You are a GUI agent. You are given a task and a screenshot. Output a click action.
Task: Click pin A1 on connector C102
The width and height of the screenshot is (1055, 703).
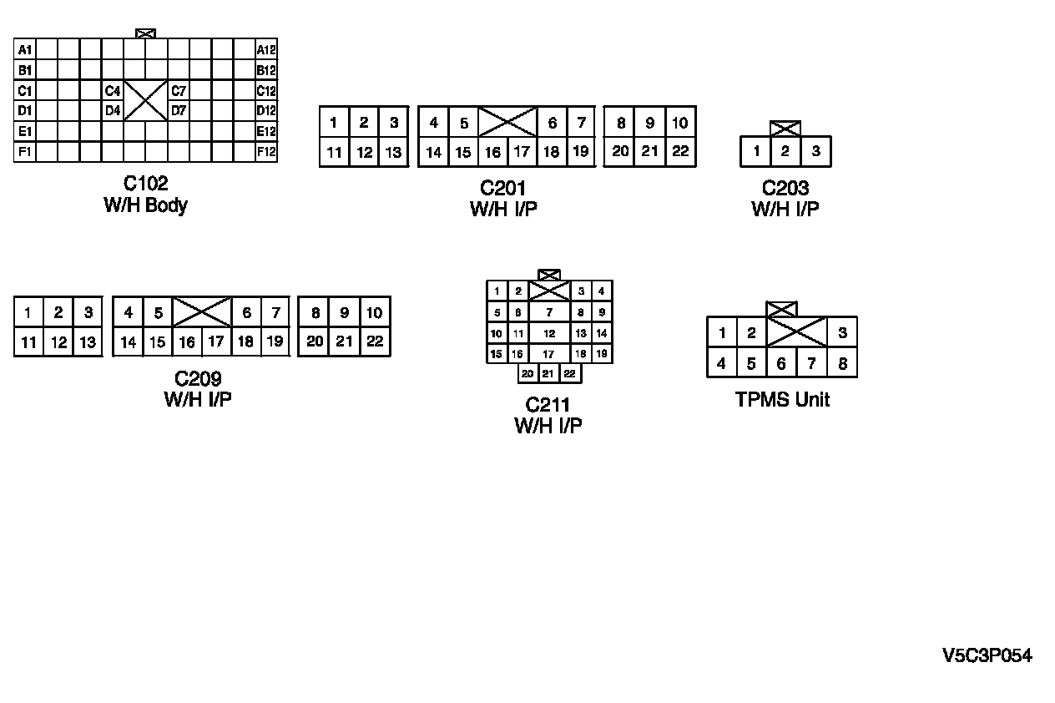tap(25, 50)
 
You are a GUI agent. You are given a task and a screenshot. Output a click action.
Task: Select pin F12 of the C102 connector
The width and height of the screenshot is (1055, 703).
tap(266, 152)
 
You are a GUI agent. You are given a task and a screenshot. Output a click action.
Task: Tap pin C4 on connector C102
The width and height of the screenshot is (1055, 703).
tap(113, 91)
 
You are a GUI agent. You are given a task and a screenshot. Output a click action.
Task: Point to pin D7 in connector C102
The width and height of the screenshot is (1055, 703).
tap(179, 110)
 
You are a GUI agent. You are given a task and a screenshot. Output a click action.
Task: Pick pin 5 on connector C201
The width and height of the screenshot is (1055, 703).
tap(464, 124)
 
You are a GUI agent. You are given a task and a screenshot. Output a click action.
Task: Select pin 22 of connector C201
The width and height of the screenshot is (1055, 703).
tap(680, 151)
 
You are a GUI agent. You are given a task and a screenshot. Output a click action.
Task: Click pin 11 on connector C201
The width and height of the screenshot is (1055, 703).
tap(334, 152)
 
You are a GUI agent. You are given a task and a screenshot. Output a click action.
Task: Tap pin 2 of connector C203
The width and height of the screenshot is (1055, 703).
tap(785, 151)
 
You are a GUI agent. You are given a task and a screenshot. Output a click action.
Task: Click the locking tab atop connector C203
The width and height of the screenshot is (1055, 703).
tap(785, 129)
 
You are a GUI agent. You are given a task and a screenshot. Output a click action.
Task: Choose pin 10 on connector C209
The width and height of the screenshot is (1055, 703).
tap(375, 313)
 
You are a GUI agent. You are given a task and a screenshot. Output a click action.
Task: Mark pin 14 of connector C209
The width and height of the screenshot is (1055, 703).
tap(129, 341)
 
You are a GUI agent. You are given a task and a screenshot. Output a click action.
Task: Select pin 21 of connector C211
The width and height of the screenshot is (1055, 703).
tap(548, 373)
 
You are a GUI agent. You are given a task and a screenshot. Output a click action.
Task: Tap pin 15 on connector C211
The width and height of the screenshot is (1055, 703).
tap(497, 354)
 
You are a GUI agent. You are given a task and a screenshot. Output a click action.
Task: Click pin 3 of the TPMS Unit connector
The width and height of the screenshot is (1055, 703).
tap(842, 333)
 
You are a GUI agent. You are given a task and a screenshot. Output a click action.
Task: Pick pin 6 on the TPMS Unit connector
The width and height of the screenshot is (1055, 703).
tap(781, 363)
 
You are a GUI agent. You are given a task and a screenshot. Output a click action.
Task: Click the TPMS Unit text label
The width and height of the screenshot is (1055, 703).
tap(782, 400)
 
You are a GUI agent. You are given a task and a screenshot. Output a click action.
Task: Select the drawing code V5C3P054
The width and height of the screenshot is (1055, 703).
tap(987, 656)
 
